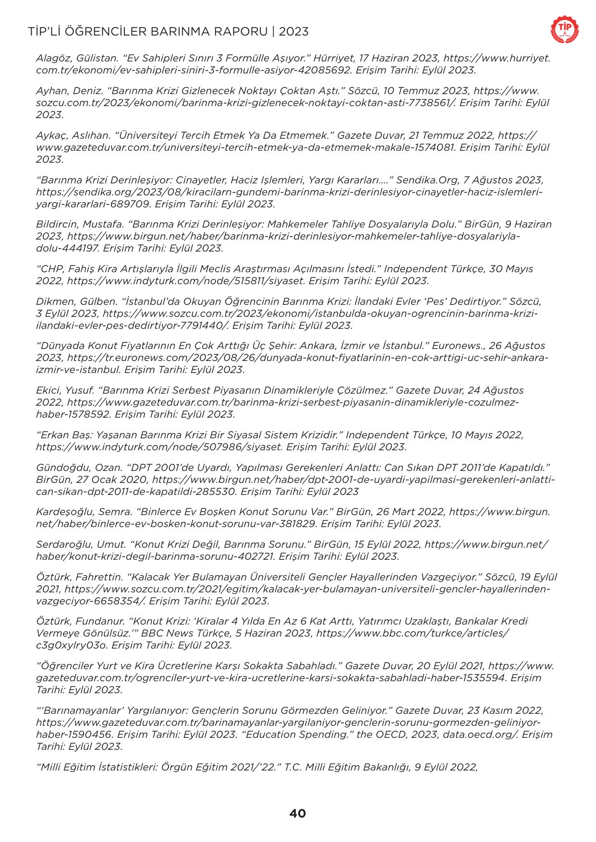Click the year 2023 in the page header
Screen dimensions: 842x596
[x=293, y=32]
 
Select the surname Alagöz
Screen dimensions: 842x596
[x=53, y=59]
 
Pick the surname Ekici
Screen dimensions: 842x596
[x=48, y=390]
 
